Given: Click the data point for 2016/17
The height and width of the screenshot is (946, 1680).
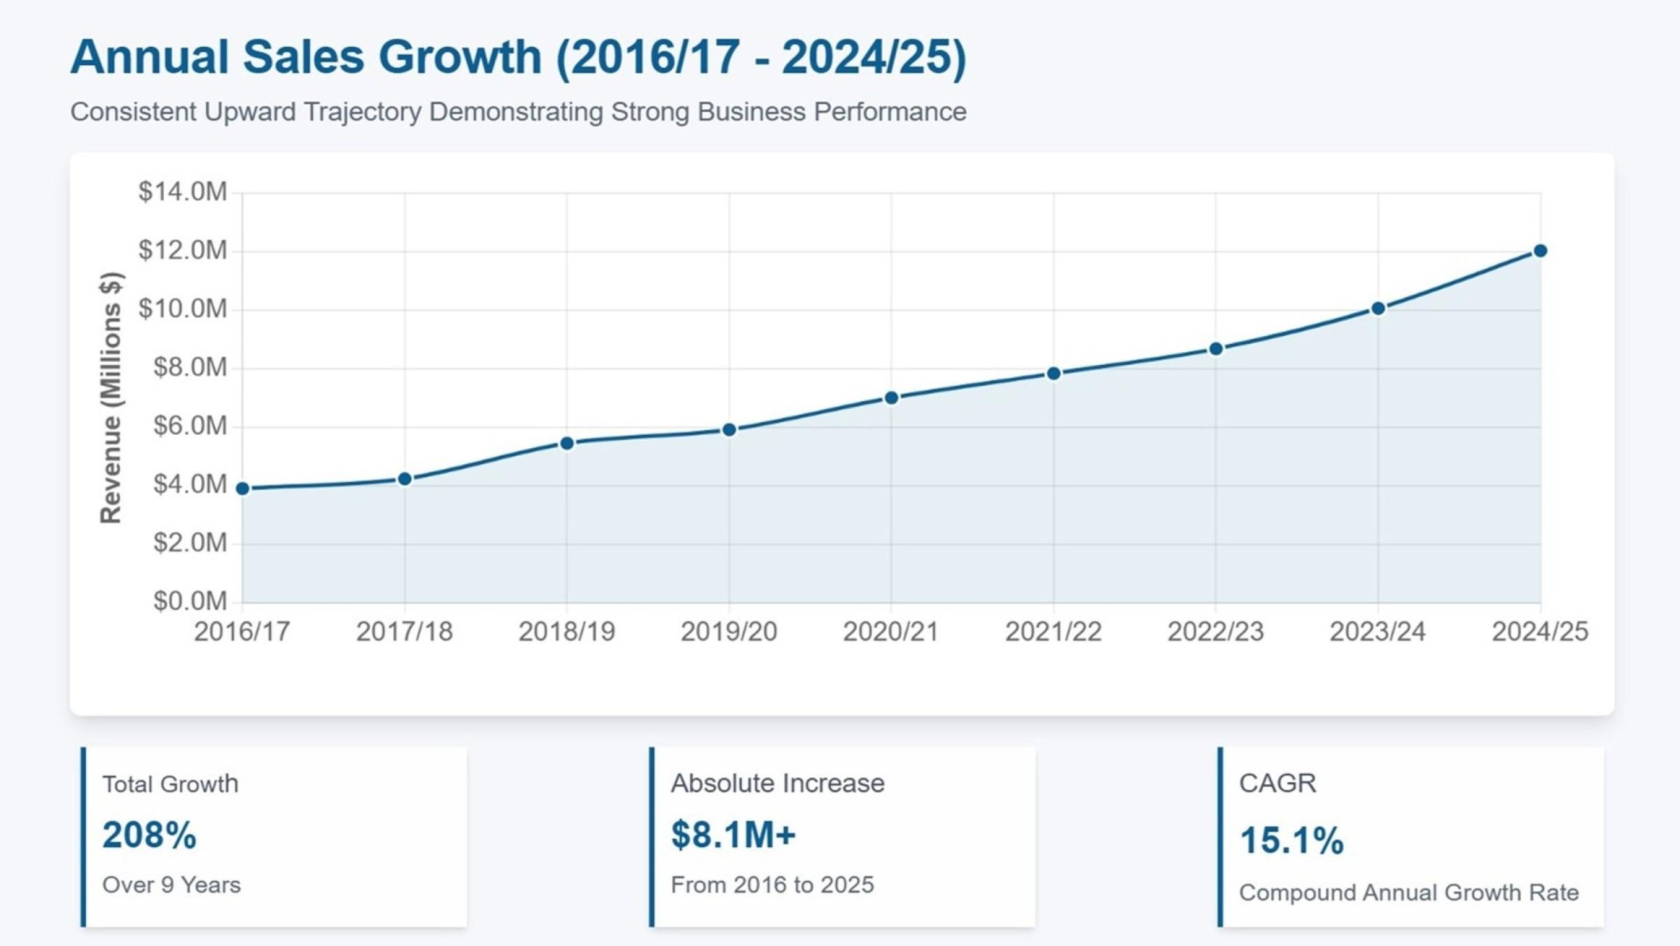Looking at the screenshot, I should point(243,489).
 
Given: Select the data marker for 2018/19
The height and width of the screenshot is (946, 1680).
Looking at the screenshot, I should point(567,443).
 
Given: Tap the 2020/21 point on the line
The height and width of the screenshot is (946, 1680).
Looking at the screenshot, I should point(891,398).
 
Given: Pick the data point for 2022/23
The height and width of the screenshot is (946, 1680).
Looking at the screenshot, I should point(1216,349).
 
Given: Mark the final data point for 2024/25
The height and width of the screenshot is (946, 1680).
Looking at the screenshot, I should point(1540,251).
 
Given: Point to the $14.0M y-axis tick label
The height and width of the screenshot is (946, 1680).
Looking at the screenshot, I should point(183,191).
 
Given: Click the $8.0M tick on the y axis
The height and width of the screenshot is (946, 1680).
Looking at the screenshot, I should point(190,367).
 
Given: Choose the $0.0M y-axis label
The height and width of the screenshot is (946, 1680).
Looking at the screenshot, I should point(190,601).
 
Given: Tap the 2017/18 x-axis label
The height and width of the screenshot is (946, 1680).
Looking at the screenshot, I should point(405,632).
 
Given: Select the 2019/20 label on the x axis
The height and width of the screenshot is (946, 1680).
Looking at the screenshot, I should point(729,632).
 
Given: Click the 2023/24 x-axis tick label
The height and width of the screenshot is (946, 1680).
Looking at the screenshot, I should point(1378,632).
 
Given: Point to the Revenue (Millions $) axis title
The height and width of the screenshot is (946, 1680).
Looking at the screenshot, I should point(111,397).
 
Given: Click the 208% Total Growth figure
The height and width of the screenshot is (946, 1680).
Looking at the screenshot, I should point(149,835).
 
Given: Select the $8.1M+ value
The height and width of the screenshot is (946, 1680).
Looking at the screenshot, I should point(733,835).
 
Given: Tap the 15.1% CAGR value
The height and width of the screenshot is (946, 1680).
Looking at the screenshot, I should point(1291,840).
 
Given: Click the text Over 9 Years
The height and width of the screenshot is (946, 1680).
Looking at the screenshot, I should point(171,885).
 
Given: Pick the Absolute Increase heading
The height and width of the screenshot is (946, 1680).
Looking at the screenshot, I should point(778,783).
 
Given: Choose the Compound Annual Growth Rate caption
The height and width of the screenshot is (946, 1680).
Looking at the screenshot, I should point(1408,893).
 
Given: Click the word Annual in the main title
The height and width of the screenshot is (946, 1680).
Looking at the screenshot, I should point(150,57).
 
